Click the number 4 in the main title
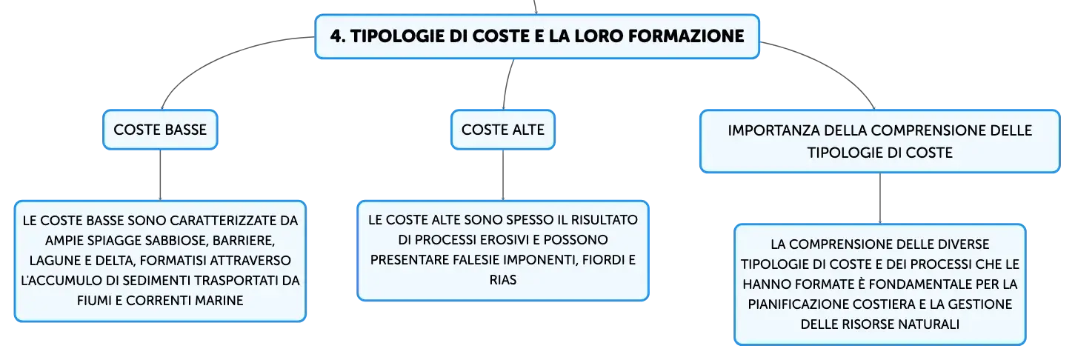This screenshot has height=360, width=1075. click(337, 36)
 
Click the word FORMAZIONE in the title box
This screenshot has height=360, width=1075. click(686, 36)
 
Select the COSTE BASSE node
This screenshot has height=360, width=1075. click(160, 130)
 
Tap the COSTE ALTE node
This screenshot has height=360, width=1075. click(503, 130)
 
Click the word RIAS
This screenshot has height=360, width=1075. click(503, 280)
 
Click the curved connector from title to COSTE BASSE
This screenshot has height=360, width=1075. click(216, 56)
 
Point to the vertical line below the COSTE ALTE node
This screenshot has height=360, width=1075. click(503, 175)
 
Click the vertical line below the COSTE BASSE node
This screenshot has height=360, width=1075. click(160, 175)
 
